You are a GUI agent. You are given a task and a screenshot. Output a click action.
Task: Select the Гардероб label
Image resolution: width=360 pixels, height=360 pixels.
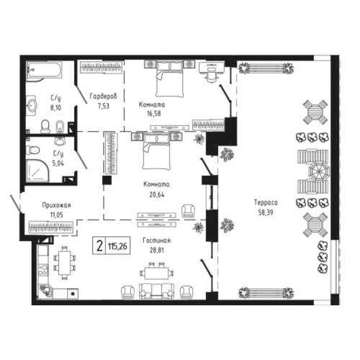tap(103, 96)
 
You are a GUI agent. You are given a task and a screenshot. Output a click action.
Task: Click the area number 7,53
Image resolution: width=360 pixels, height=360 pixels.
tap(103, 105)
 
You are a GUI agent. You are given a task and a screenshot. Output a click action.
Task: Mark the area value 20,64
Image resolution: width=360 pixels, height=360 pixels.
tap(155, 193)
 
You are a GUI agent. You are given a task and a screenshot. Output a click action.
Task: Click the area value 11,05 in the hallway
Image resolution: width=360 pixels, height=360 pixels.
tap(45, 214)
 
